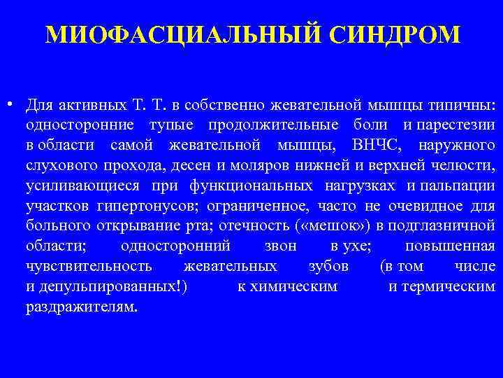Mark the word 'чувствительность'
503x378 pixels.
(x=89, y=267)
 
